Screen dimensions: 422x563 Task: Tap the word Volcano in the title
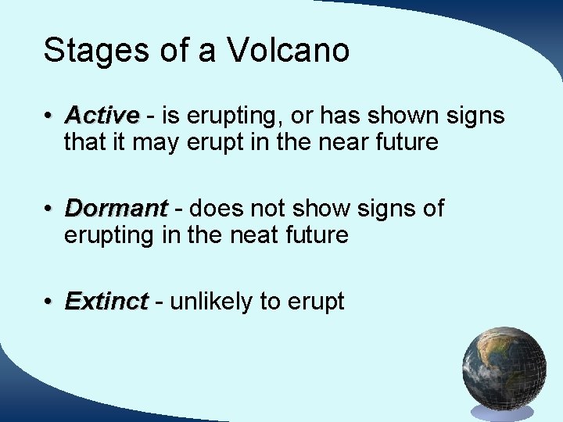pyautogui.click(x=289, y=51)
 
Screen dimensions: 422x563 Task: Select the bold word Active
pyautogui.click(x=102, y=116)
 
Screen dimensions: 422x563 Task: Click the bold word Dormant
pyautogui.click(x=116, y=209)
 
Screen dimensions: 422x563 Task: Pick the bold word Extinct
pyautogui.click(x=106, y=302)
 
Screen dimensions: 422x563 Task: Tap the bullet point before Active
pyautogui.click(x=48, y=116)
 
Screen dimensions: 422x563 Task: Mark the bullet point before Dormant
pyautogui.click(x=48, y=209)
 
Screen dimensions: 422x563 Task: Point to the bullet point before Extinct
pyautogui.click(x=48, y=302)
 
